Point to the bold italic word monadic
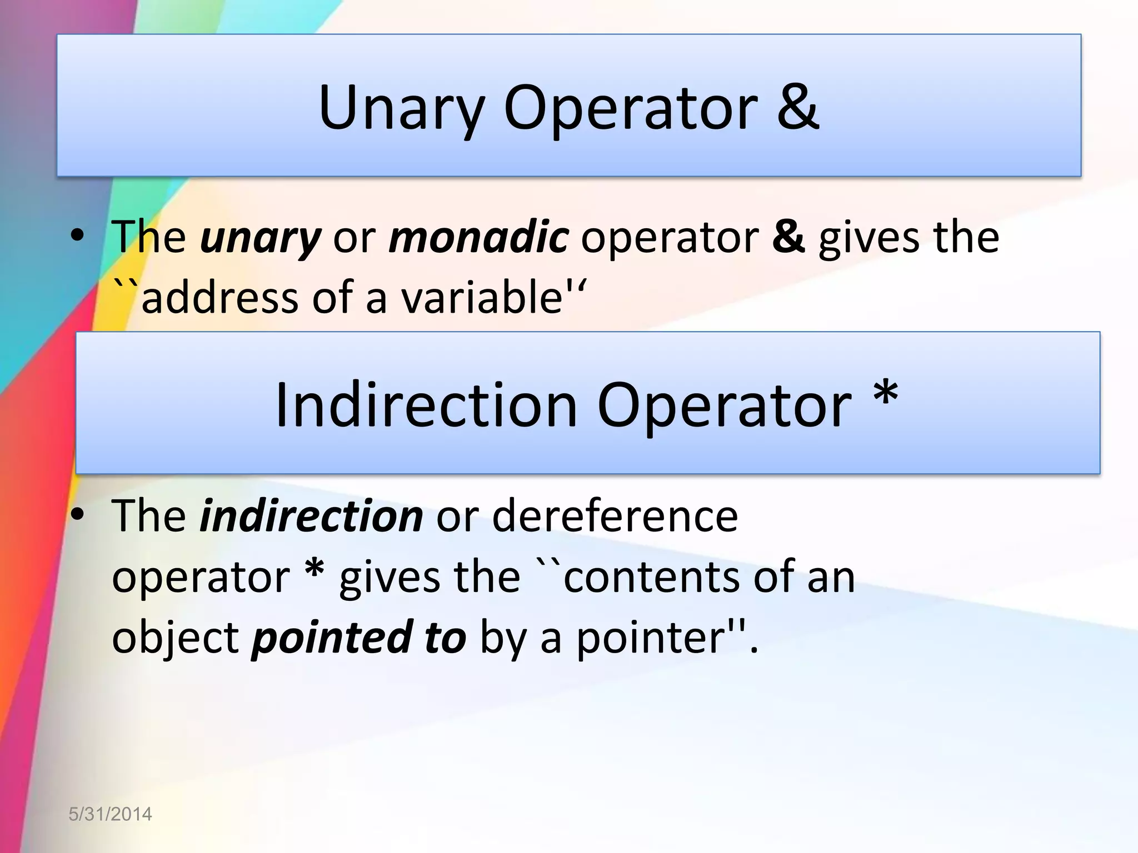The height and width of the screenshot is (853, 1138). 478,237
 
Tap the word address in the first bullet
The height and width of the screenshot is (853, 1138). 219,298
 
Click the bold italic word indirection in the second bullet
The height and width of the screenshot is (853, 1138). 311,516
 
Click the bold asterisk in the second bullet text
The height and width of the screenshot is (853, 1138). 315,572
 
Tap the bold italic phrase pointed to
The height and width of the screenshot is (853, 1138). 358,638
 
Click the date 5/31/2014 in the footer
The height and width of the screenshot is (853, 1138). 110,814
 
